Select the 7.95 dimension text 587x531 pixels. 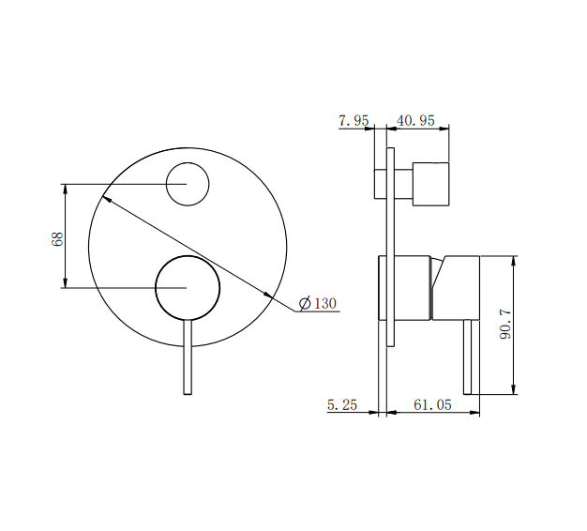(354, 120)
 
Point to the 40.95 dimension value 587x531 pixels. (415, 120)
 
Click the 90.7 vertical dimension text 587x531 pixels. (506, 325)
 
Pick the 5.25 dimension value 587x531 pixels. (341, 405)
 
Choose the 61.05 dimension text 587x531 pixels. (432, 405)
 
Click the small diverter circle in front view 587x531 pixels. (188, 183)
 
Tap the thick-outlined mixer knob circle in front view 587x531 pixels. (188, 287)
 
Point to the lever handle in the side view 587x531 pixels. (472, 357)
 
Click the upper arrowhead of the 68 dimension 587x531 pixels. (66, 189)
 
